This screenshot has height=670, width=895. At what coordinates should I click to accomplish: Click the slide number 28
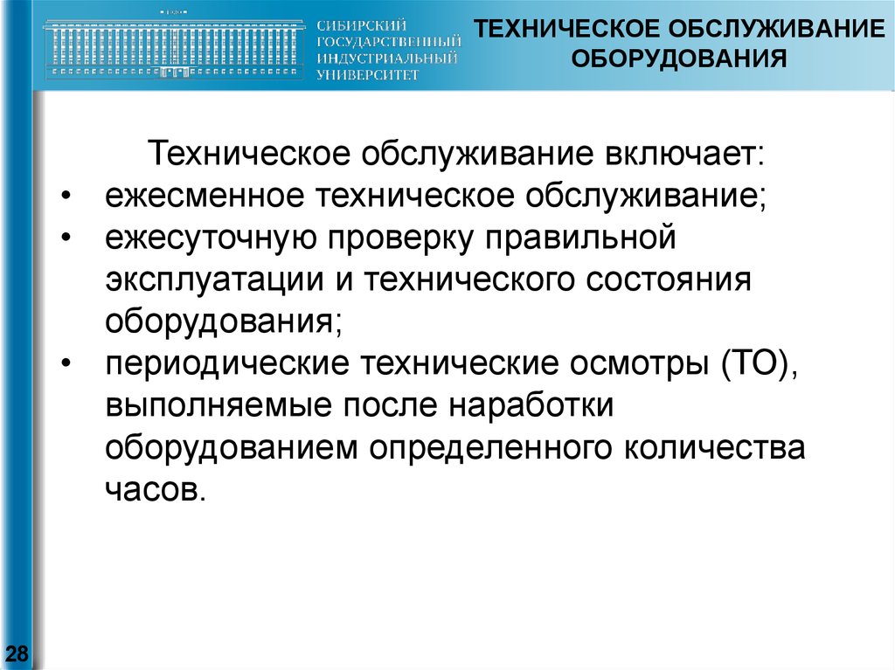click(17, 653)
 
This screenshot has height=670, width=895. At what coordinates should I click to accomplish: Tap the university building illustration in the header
click(172, 46)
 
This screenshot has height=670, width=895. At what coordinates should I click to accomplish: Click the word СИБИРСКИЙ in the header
click(361, 25)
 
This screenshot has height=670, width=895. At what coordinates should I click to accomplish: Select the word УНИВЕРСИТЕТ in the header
click(368, 75)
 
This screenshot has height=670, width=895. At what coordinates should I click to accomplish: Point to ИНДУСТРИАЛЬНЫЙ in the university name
click(387, 59)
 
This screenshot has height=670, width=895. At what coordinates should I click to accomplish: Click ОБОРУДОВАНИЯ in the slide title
click(679, 59)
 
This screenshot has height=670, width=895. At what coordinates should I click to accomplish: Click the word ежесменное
click(205, 196)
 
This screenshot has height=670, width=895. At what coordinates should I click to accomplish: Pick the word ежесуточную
click(211, 239)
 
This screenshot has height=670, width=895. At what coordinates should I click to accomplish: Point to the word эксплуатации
click(215, 280)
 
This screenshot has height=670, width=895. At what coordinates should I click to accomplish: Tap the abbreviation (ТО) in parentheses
click(759, 363)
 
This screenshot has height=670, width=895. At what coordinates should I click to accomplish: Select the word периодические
click(226, 364)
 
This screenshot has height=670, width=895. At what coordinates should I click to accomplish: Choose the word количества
click(714, 449)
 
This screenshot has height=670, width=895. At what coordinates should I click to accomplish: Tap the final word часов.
click(155, 490)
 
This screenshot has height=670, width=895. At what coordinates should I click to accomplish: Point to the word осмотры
click(638, 364)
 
